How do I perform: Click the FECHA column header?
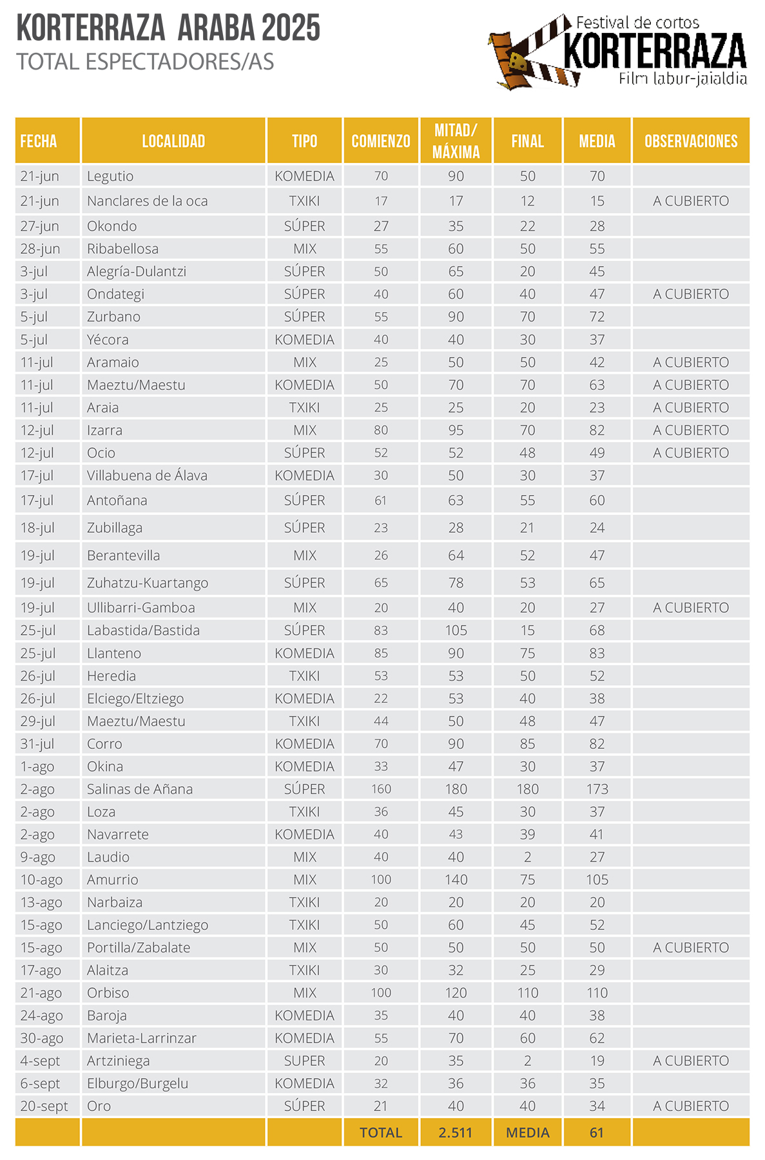(x=39, y=141)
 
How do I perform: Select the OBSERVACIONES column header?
(x=691, y=141)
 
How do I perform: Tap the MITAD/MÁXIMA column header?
(x=456, y=141)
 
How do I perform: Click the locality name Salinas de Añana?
(x=140, y=789)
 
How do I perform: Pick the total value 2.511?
(x=456, y=1132)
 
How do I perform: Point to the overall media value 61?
(x=597, y=1132)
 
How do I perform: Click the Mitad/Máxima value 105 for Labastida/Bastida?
(x=456, y=630)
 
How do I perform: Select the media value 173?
(x=597, y=789)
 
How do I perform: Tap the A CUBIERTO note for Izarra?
(x=691, y=430)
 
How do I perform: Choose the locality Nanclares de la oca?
(x=148, y=201)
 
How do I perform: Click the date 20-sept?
(x=44, y=1106)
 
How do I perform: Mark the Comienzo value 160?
(x=381, y=789)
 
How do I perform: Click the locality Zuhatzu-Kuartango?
(x=148, y=583)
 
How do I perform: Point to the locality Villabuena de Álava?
(x=147, y=476)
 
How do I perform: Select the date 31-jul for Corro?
(x=38, y=744)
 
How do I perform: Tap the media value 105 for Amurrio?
(x=597, y=880)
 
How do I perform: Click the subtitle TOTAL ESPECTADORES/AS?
(x=145, y=62)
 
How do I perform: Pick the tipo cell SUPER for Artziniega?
(x=305, y=1061)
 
